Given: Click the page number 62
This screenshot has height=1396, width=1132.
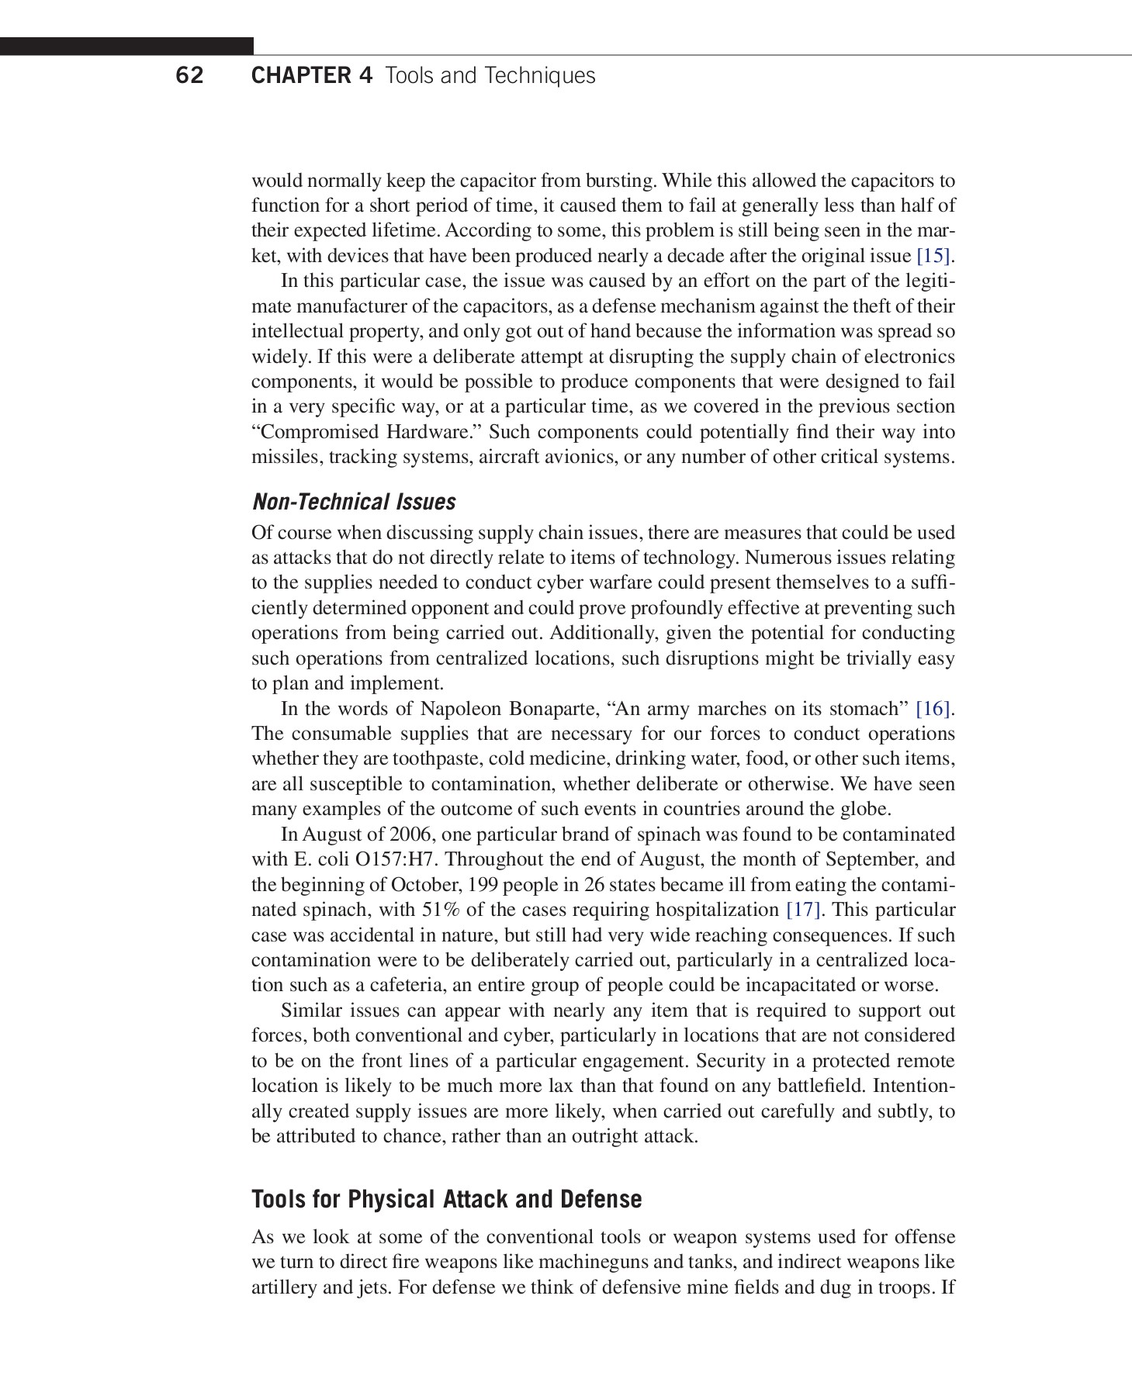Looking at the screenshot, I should [x=189, y=75].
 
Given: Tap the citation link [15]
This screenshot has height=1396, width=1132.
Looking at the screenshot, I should [x=933, y=256].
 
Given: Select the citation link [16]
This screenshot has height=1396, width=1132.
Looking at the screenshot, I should [x=933, y=709].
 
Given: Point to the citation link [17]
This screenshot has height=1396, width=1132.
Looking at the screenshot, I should [x=803, y=910].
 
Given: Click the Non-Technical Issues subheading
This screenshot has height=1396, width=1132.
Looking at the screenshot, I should [x=354, y=502].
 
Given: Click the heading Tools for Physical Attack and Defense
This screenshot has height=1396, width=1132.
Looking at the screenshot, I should [x=446, y=1199].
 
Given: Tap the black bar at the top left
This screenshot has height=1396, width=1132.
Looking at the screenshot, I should [x=126, y=46].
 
